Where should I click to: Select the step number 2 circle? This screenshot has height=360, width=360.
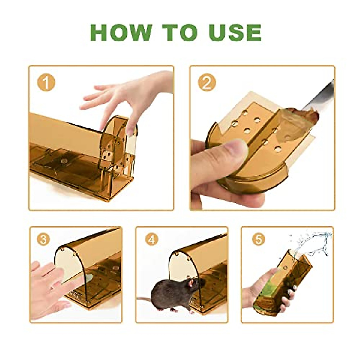tap(207, 82)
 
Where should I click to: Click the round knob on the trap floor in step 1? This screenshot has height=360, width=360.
tap(64, 162)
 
